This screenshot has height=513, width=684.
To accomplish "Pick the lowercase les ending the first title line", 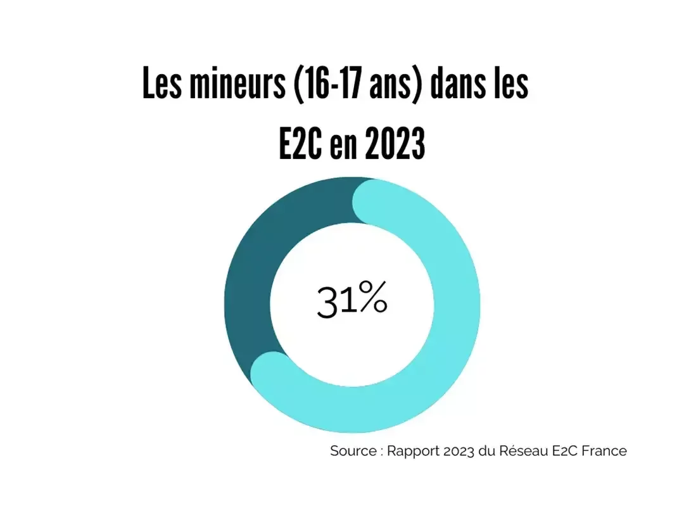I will click(x=512, y=85).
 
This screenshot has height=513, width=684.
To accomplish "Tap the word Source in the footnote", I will click(x=353, y=452).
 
